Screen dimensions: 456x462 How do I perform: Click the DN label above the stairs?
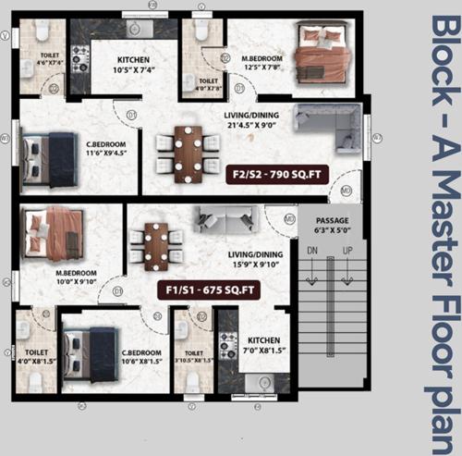313,250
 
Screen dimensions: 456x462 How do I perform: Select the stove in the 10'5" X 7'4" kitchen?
80,60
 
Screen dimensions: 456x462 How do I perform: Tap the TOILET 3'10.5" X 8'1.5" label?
194,356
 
